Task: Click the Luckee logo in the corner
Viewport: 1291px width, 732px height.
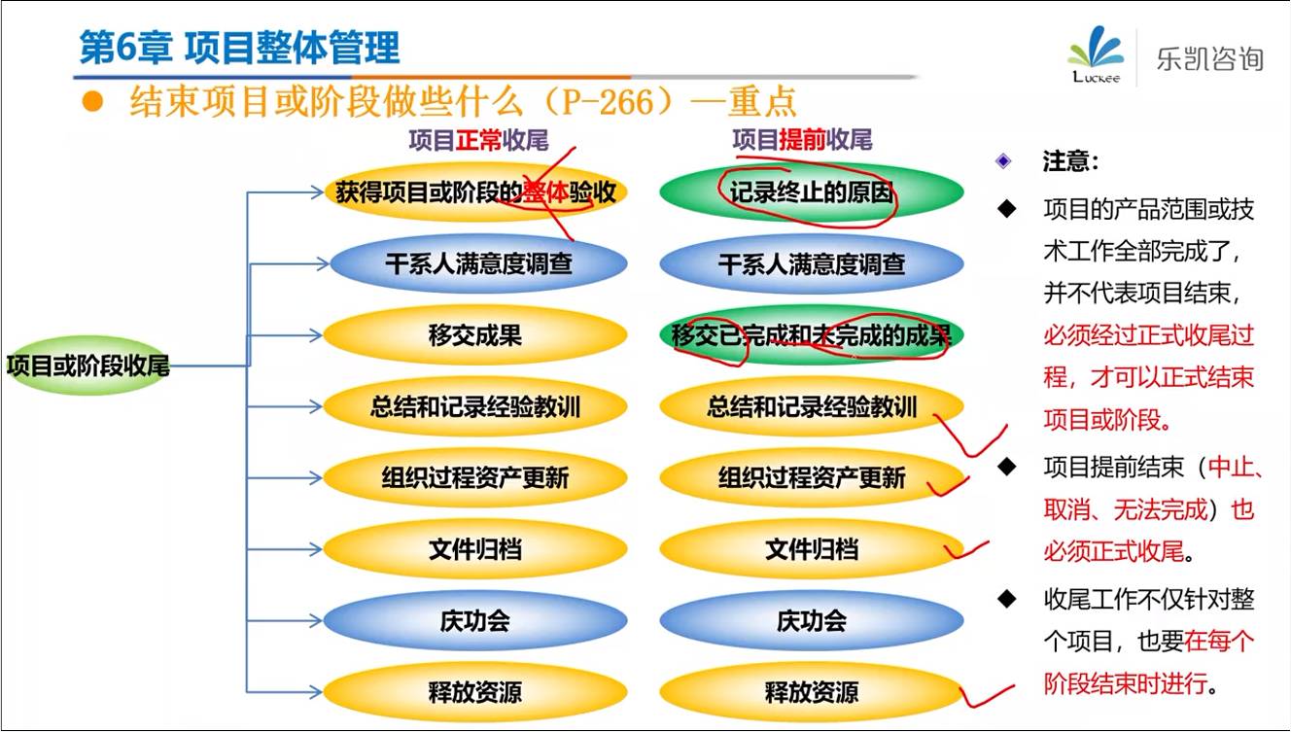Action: (x=1095, y=54)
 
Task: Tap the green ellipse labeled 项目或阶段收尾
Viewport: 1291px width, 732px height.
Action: (x=87, y=366)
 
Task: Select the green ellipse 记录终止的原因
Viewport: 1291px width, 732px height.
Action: (x=812, y=192)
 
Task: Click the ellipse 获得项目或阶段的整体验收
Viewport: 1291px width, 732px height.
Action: (x=475, y=192)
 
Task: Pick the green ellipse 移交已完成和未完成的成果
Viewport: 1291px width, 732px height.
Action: (x=812, y=334)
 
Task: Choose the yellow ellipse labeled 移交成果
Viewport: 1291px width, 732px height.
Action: (x=475, y=334)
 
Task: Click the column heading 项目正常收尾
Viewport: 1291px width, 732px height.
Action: (x=478, y=140)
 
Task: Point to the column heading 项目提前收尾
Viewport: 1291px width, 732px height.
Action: (x=802, y=140)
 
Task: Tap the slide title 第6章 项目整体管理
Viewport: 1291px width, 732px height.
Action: (x=239, y=48)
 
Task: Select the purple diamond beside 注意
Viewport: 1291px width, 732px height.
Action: (x=1003, y=160)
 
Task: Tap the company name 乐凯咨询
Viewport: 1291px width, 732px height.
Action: (x=1209, y=58)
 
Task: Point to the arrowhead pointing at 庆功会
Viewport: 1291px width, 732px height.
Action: (x=316, y=621)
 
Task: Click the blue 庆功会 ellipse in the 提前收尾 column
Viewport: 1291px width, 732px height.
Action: (x=812, y=621)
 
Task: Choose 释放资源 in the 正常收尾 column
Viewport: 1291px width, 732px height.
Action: (x=475, y=692)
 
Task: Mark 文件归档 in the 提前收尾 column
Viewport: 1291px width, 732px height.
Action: (x=812, y=549)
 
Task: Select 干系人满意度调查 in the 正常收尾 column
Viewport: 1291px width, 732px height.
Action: (x=478, y=263)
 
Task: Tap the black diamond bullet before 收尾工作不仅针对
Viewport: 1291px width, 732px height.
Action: (x=1007, y=599)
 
